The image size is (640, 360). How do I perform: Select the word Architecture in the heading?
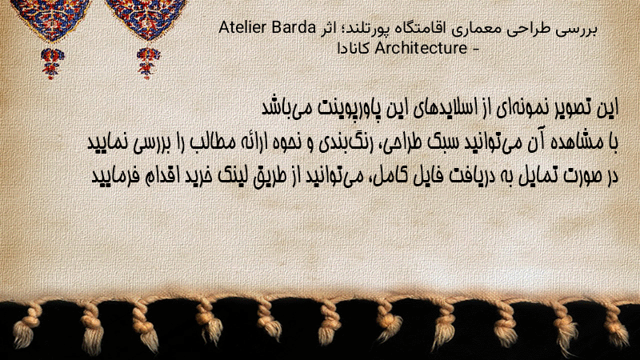click(x=421, y=48)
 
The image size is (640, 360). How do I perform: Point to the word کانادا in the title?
click(x=354, y=48)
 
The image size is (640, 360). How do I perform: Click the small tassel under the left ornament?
click(x=52, y=63)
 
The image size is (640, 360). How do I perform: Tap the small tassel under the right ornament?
click(x=148, y=63)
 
